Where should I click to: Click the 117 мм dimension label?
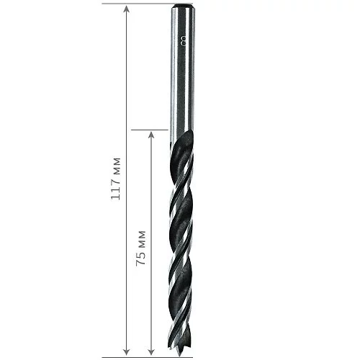click(115, 179)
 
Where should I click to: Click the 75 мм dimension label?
click(141, 248)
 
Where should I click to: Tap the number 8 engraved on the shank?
click(184, 41)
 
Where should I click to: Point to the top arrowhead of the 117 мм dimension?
click(127, 9)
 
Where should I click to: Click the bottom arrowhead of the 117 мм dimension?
click(127, 352)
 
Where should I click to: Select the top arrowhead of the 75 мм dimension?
click(151, 135)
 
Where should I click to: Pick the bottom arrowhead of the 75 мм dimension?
click(151, 352)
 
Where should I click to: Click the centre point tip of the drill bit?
click(180, 356)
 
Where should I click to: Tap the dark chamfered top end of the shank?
click(183, 5)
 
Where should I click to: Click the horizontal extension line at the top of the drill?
click(147, 4)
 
